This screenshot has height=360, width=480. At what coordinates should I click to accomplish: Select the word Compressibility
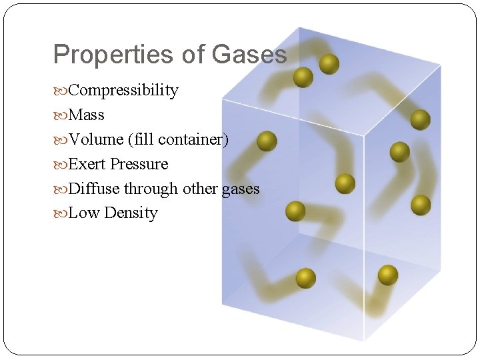click(123, 90)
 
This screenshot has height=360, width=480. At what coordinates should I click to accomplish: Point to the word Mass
click(87, 115)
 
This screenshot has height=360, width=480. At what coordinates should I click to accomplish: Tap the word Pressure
click(139, 164)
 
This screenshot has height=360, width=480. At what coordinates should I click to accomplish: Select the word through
click(151, 189)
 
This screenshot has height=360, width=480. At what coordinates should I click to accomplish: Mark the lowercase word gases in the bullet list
click(241, 189)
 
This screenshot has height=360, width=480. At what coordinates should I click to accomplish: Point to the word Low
click(83, 213)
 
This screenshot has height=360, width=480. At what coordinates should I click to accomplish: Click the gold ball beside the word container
click(267, 141)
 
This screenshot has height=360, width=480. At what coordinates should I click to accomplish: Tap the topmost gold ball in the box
click(329, 64)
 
